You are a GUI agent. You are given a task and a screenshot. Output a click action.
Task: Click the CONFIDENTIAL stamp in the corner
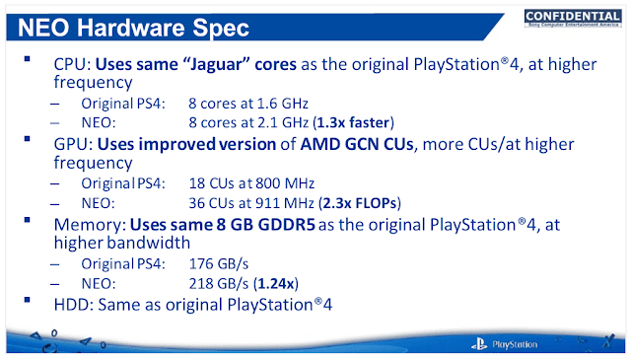573,18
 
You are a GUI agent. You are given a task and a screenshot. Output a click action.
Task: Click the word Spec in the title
221,29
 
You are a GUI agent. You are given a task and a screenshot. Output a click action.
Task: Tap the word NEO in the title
43,28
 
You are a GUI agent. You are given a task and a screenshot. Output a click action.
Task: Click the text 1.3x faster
353,122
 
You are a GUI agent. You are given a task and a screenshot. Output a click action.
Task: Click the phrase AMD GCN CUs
357,144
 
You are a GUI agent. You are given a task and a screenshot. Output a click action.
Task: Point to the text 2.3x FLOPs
360,203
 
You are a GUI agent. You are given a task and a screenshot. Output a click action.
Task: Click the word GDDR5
286,225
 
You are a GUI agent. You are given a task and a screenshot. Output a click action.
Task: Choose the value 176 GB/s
219,264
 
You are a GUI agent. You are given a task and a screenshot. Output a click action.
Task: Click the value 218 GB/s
219,283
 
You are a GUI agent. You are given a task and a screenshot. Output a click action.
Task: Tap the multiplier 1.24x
276,283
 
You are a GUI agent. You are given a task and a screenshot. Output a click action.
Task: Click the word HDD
71,305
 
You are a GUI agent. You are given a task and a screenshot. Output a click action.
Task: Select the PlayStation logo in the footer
504,344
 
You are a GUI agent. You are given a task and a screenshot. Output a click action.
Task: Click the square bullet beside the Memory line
27,220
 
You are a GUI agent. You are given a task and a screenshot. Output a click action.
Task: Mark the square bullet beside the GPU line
27,139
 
